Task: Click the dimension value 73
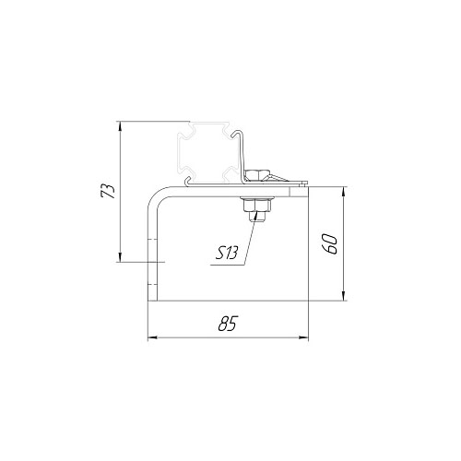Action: point(108,191)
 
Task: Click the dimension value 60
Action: point(330,243)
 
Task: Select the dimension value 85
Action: point(228,323)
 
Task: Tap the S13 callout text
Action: point(227,254)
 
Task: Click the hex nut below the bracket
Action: point(257,205)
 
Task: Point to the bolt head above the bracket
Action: point(257,176)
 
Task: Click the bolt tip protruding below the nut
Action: point(257,217)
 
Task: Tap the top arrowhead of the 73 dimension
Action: point(120,126)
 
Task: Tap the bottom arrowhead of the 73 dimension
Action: point(120,257)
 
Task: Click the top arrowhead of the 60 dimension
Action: point(344,191)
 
